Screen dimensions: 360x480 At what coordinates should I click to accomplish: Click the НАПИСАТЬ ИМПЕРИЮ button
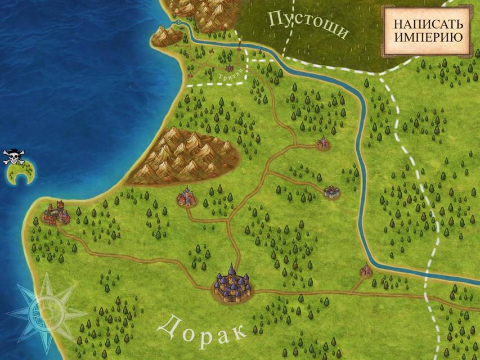(428, 31)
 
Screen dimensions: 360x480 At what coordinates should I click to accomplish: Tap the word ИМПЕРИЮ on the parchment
(428, 38)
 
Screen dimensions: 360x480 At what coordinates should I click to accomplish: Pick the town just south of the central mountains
(187, 196)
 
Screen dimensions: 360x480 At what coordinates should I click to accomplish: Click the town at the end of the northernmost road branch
(323, 144)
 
